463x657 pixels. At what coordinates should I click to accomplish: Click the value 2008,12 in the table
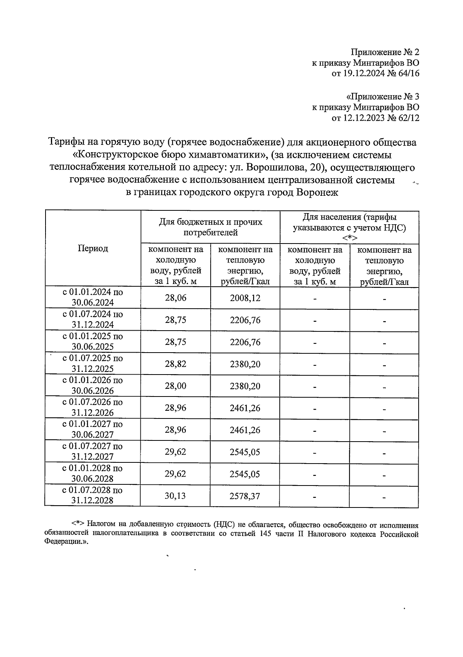point(245,298)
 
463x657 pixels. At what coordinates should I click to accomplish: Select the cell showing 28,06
point(176,298)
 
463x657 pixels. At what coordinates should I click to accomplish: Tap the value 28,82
point(176,364)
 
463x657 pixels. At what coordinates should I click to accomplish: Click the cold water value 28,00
point(176,386)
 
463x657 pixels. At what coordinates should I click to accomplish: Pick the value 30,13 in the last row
point(175,496)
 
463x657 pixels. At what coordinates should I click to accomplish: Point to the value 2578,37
point(245,496)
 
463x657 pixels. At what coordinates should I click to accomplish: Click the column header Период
point(93,249)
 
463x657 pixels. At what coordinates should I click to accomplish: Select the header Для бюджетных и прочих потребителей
point(210,227)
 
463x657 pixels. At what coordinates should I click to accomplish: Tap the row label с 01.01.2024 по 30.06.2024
point(93,297)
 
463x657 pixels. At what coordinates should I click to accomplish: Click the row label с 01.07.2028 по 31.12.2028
point(93,495)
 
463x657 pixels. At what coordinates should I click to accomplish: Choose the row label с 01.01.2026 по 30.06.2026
point(93,385)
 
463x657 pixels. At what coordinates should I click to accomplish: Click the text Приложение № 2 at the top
point(385,52)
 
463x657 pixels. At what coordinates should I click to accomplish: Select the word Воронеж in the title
point(317,192)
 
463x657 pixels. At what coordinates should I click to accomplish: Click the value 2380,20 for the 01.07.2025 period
point(245,364)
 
